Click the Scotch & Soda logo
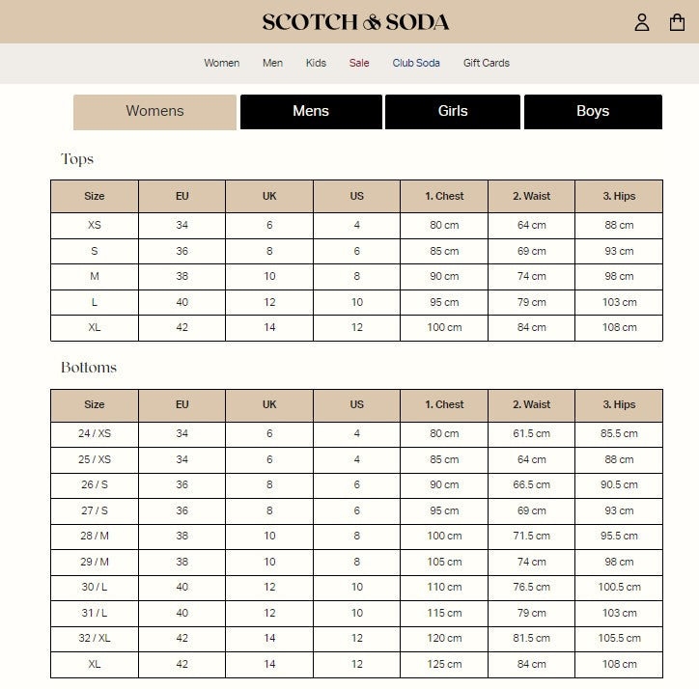355,21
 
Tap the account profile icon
642,22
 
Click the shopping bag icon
677,22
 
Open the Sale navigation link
359,63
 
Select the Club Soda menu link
416,63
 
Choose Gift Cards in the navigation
486,63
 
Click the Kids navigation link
316,63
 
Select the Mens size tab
311,111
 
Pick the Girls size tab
453,111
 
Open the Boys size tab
593,111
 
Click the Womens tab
154,111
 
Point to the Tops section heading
77,159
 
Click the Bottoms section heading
89,368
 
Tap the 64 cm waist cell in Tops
531,225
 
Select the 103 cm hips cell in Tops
619,302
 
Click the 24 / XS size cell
95,434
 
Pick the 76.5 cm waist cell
531,587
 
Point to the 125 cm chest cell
444,664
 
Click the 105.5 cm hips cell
619,638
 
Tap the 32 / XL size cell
95,638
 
